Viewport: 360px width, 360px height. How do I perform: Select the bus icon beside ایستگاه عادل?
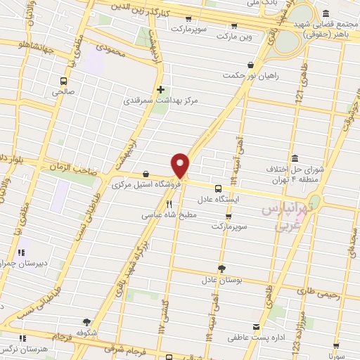click(218, 188)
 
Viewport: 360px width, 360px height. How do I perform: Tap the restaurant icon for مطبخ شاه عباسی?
click(169, 204)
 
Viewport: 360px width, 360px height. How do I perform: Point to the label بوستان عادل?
click(221, 279)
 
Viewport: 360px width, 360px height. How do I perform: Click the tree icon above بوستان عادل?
click(222, 268)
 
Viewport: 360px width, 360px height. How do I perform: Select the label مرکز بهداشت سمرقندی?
click(161, 101)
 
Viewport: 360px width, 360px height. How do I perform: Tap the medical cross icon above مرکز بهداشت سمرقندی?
click(161, 89)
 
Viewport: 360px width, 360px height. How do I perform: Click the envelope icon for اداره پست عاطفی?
click(255, 326)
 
